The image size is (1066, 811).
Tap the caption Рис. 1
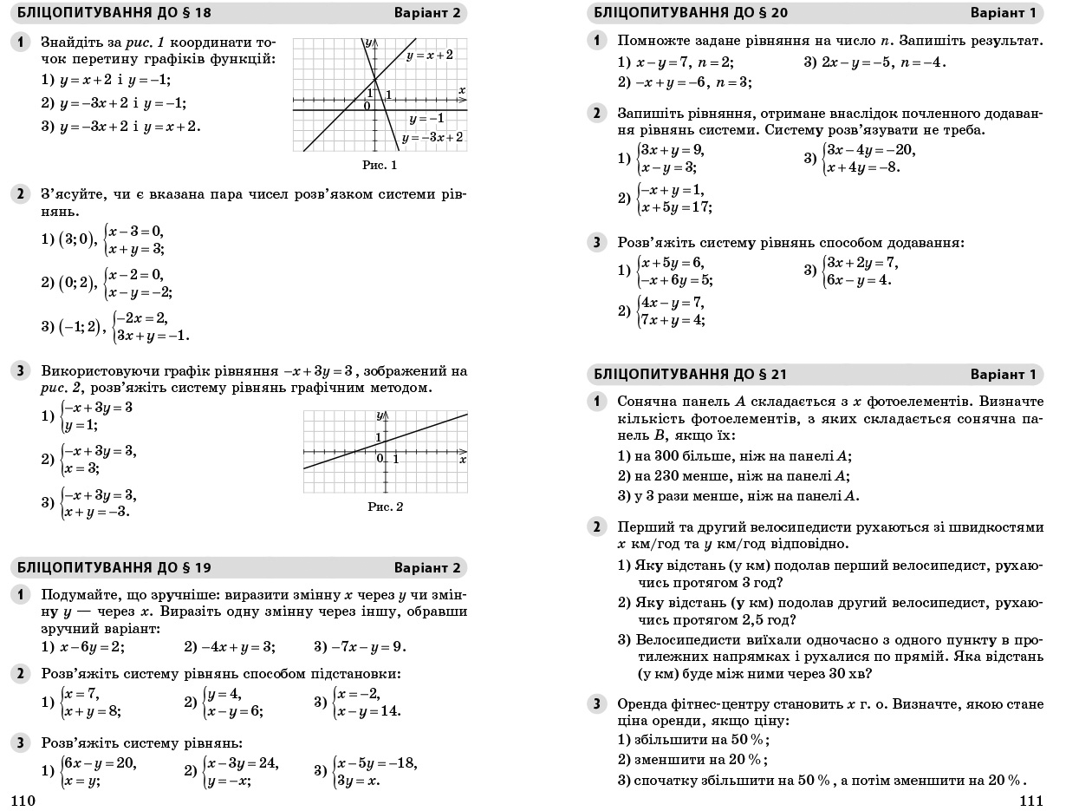(x=379, y=165)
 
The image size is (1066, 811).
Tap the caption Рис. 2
(x=385, y=507)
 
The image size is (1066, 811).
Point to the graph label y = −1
(x=426, y=118)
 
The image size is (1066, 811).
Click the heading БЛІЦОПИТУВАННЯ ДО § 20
(x=690, y=13)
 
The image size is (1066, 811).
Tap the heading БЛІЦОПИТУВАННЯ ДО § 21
(x=690, y=375)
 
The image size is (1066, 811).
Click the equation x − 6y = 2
(x=92, y=646)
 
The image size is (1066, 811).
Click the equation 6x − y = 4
(x=859, y=280)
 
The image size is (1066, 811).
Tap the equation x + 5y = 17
(x=675, y=207)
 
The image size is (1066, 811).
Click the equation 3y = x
(x=357, y=781)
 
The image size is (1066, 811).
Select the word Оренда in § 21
(x=641, y=703)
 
